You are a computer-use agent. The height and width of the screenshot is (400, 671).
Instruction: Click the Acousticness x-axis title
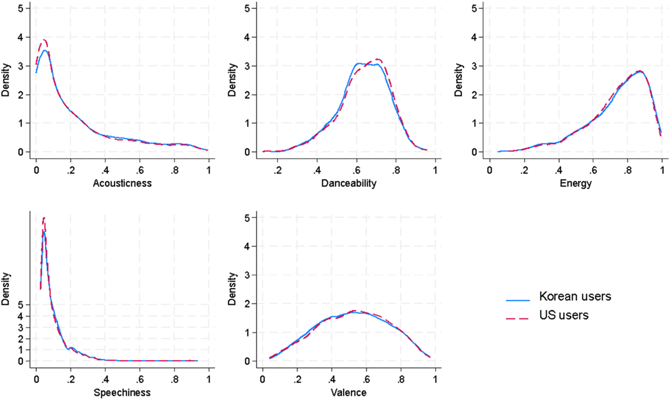(x=122, y=183)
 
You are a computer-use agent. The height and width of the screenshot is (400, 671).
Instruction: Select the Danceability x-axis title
(x=348, y=183)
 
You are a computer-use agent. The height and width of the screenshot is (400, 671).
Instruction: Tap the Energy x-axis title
(x=575, y=183)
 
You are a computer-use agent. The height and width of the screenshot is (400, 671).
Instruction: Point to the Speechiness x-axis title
(x=122, y=393)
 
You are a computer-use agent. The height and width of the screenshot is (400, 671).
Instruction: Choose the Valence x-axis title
(x=348, y=393)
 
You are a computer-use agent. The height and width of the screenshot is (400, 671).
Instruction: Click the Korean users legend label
(x=575, y=296)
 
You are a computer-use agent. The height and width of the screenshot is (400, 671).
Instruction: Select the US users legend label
(x=564, y=315)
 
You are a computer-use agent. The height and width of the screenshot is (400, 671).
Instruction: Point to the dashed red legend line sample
(x=518, y=319)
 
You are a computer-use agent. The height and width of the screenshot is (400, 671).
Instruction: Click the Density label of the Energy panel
(x=458, y=80)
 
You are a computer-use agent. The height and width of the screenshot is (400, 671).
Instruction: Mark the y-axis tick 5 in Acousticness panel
(x=21, y=8)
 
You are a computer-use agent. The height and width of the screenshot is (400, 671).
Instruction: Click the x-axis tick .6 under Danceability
(x=357, y=170)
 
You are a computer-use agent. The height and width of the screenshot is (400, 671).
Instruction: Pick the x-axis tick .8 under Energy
(x=628, y=170)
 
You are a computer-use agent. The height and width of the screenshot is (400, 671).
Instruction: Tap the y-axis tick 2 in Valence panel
(x=247, y=304)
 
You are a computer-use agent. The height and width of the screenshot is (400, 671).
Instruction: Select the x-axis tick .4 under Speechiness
(x=105, y=379)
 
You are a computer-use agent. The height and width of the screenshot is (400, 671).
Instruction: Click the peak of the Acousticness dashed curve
(x=43, y=40)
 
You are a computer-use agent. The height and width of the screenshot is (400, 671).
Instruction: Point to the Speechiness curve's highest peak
(x=44, y=218)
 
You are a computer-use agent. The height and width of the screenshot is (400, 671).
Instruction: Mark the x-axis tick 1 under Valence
(x=435, y=379)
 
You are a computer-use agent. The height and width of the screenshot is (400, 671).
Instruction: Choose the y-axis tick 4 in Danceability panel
(x=247, y=38)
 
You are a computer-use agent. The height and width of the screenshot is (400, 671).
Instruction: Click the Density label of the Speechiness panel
(x=5, y=289)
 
